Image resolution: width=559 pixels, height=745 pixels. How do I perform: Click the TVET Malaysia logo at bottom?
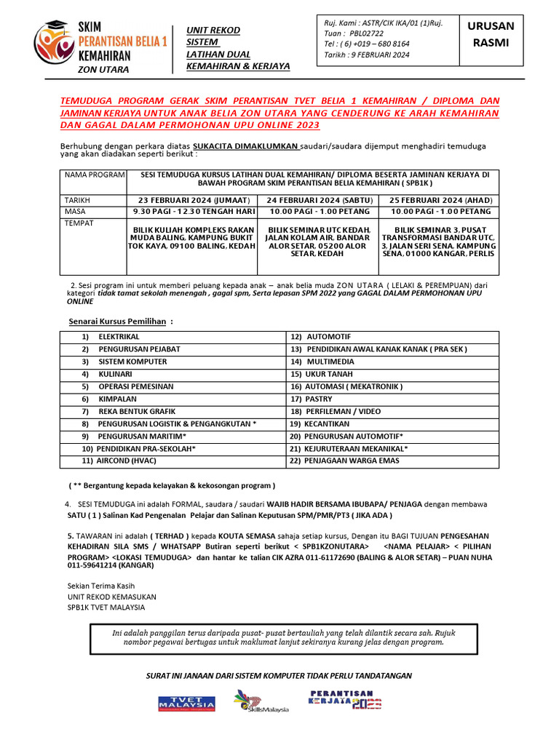pos(186,703)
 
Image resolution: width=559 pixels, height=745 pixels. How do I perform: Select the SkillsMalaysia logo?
pos(261,702)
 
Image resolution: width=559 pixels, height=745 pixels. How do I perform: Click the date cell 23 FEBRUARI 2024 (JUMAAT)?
pos(192,200)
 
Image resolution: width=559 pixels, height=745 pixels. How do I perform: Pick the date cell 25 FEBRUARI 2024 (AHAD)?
pos(440,200)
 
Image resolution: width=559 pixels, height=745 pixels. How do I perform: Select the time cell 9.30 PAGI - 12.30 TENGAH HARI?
pos(192,212)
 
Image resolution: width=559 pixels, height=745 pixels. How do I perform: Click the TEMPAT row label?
pos(80,223)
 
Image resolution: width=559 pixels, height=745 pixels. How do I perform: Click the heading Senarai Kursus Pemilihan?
pos(121,322)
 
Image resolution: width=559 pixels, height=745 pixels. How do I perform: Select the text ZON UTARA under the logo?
pos(103,70)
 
